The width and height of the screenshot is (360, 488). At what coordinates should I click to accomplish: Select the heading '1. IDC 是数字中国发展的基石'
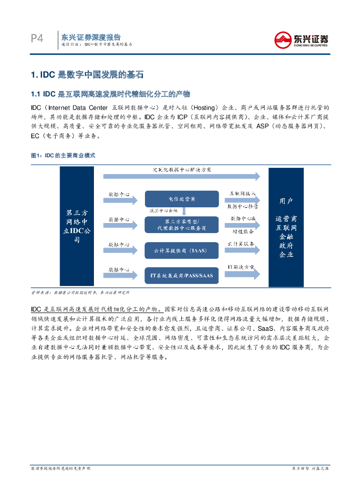pyautogui.click(x=86, y=75)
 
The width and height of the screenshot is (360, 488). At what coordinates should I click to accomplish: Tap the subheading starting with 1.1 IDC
pyautogui.click(x=110, y=93)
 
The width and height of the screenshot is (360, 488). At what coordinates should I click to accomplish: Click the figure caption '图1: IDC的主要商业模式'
pyautogui.click(x=63, y=156)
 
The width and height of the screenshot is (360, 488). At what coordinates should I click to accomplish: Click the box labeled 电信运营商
pyautogui.click(x=182, y=198)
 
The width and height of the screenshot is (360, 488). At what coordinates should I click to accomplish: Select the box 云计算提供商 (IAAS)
pyautogui.click(x=182, y=250)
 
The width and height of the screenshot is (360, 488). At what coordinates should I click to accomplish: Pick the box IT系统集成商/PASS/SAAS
pyautogui.click(x=182, y=275)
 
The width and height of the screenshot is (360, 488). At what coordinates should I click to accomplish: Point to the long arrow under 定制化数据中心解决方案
pyautogui.click(x=181, y=176)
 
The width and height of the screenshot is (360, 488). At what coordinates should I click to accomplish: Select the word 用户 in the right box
pyautogui.click(x=286, y=201)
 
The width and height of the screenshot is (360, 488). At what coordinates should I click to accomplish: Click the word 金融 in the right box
pyautogui.click(x=286, y=236)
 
